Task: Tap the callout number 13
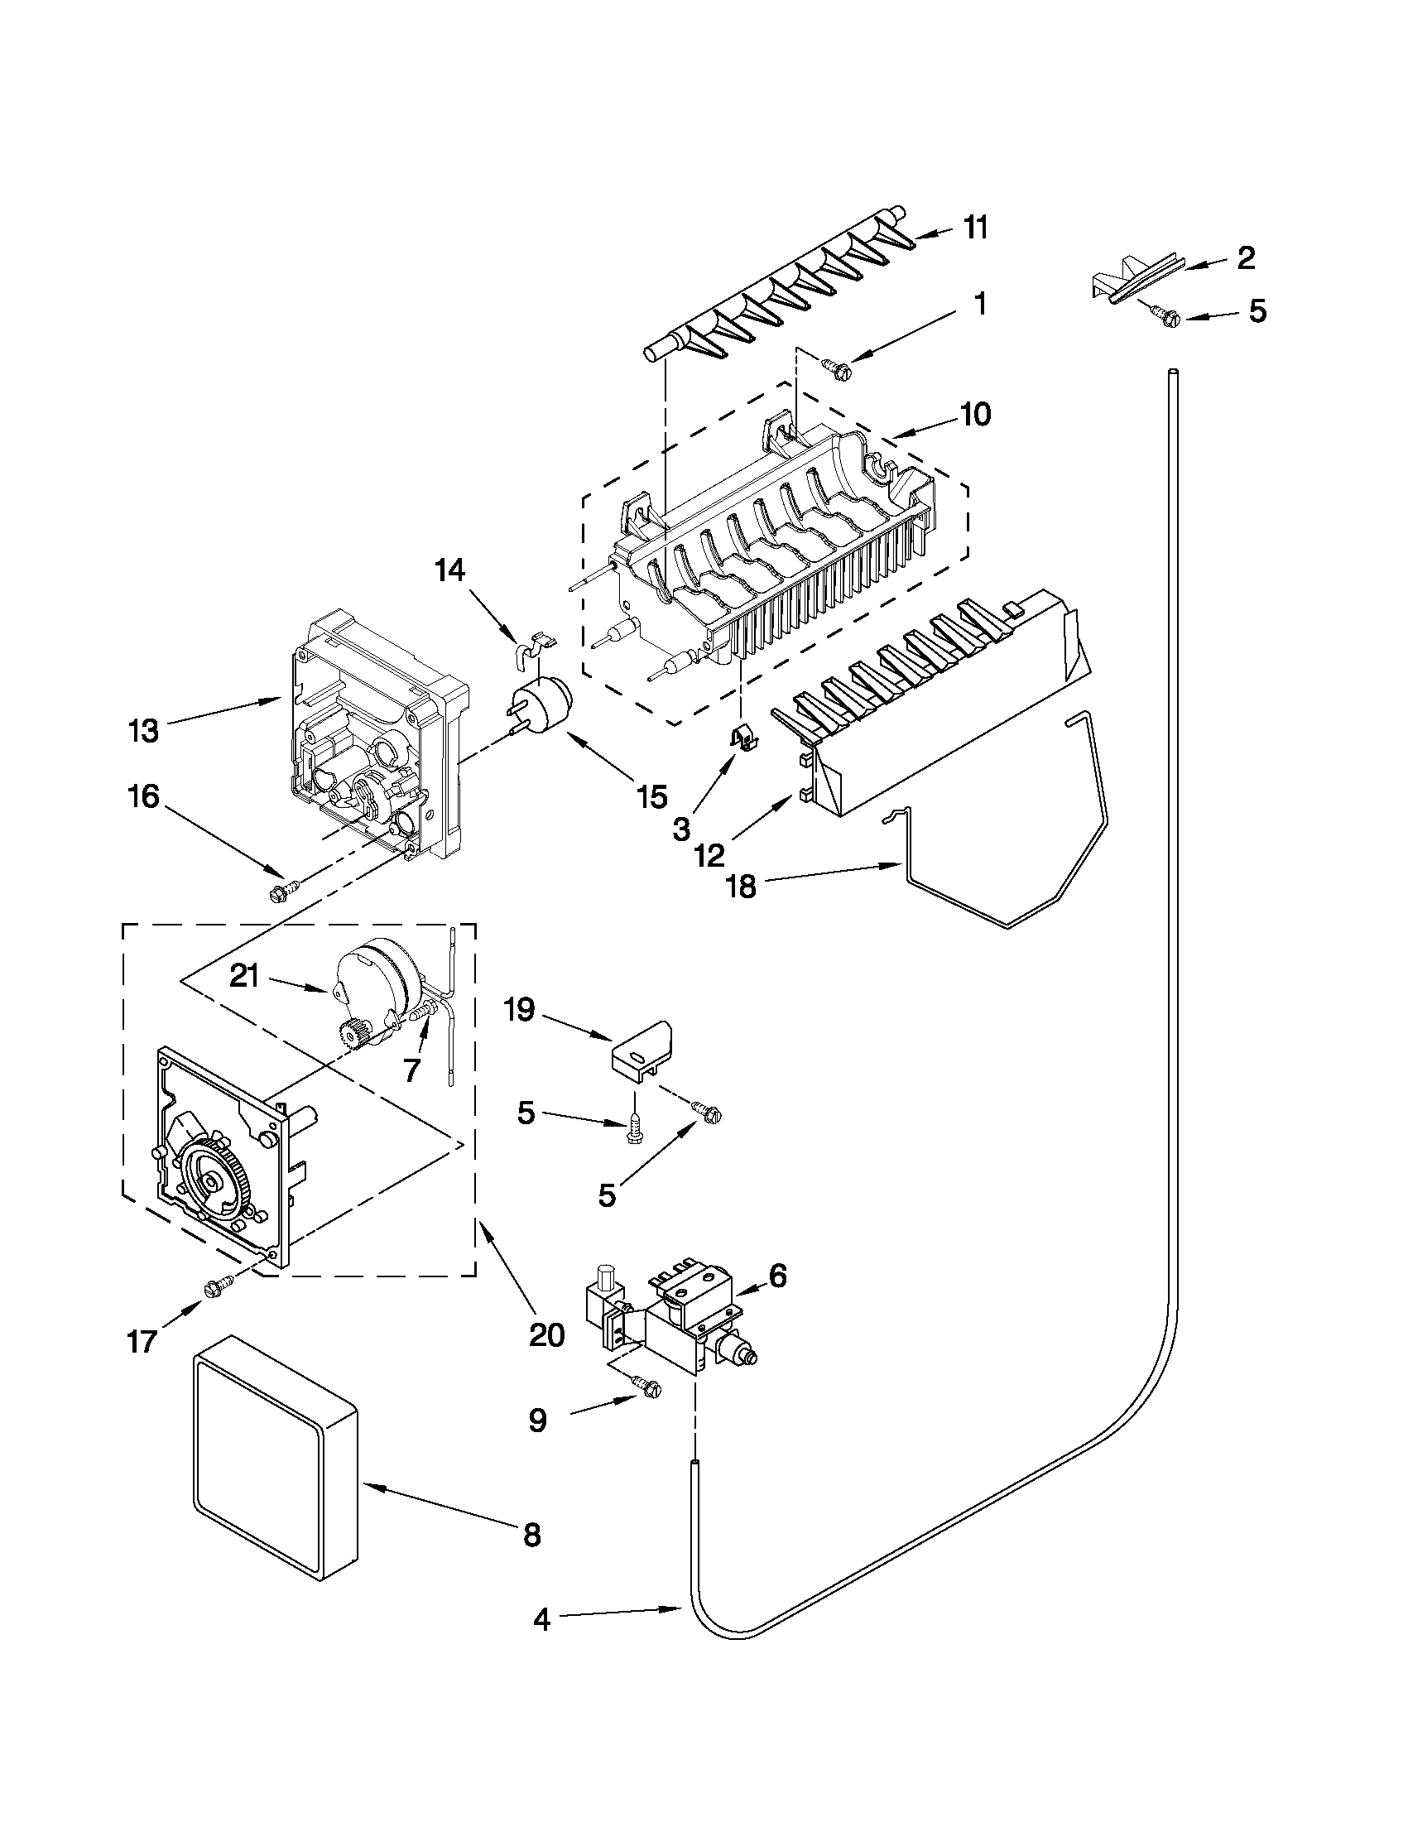coord(143,731)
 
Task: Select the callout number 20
coord(546,1334)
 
